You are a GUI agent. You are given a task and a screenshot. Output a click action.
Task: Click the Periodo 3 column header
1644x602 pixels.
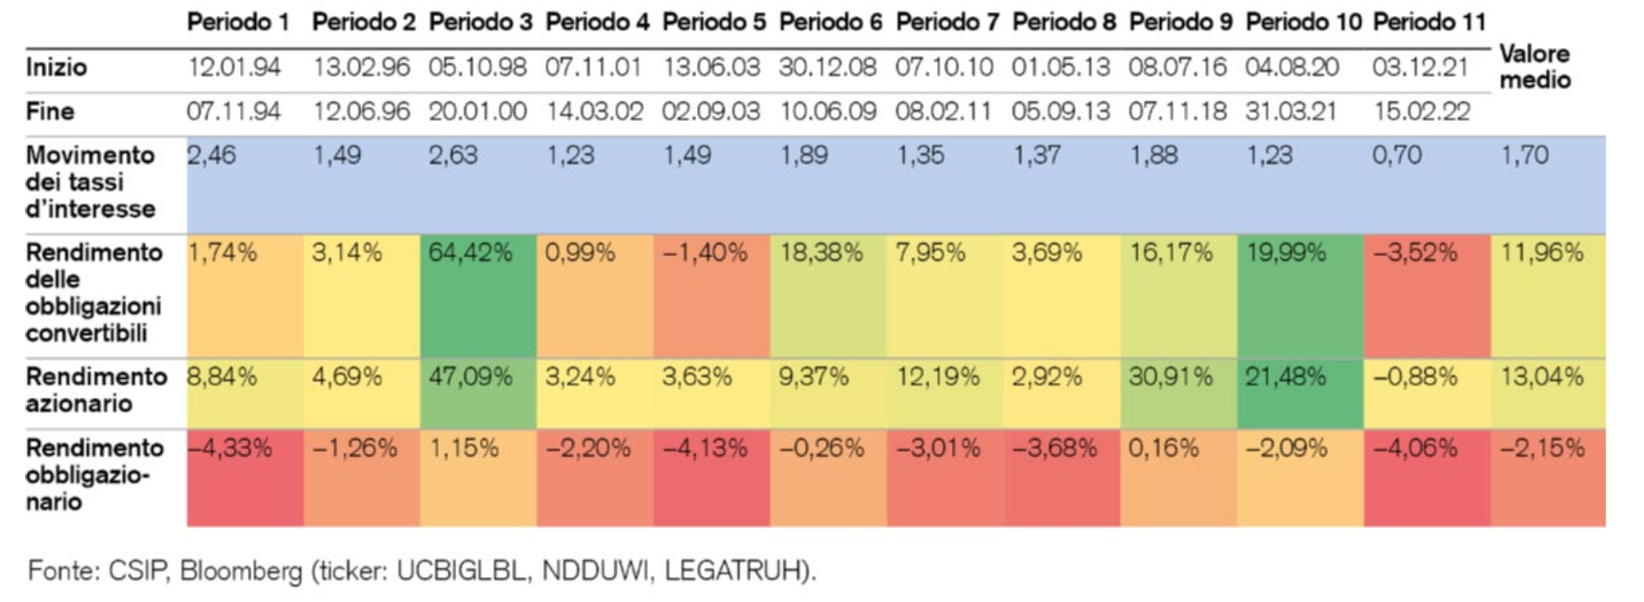(480, 22)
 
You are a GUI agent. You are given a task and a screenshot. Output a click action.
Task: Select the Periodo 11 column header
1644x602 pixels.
(1428, 22)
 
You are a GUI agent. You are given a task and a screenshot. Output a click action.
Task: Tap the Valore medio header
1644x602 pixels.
(1534, 67)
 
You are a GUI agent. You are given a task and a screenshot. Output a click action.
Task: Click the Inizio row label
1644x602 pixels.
(56, 68)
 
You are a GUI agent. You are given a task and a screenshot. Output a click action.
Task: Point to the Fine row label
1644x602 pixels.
(50, 112)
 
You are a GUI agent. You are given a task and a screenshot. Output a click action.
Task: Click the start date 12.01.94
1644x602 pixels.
(234, 68)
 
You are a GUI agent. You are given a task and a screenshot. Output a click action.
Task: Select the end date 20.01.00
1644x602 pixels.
(477, 112)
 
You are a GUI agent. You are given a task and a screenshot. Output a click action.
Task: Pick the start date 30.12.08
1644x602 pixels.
(828, 68)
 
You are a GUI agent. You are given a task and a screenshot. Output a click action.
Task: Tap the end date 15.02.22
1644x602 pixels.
(1421, 112)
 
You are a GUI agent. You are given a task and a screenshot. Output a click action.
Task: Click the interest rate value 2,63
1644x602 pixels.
(453, 156)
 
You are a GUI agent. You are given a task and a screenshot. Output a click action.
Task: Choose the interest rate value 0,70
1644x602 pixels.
(1397, 156)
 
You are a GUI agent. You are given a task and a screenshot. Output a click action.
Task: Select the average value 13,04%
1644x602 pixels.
(1542, 377)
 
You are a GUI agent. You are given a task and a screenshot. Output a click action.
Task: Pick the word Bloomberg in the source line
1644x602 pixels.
(241, 571)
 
